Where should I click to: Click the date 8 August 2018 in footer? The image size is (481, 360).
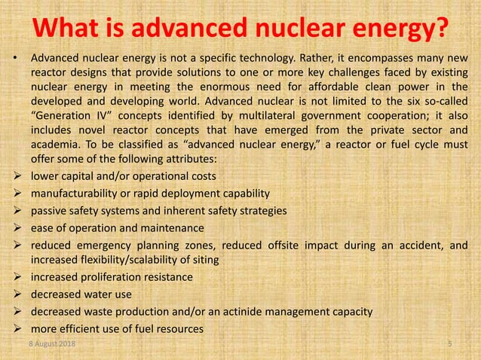(54, 344)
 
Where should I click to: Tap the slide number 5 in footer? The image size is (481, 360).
(449, 344)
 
